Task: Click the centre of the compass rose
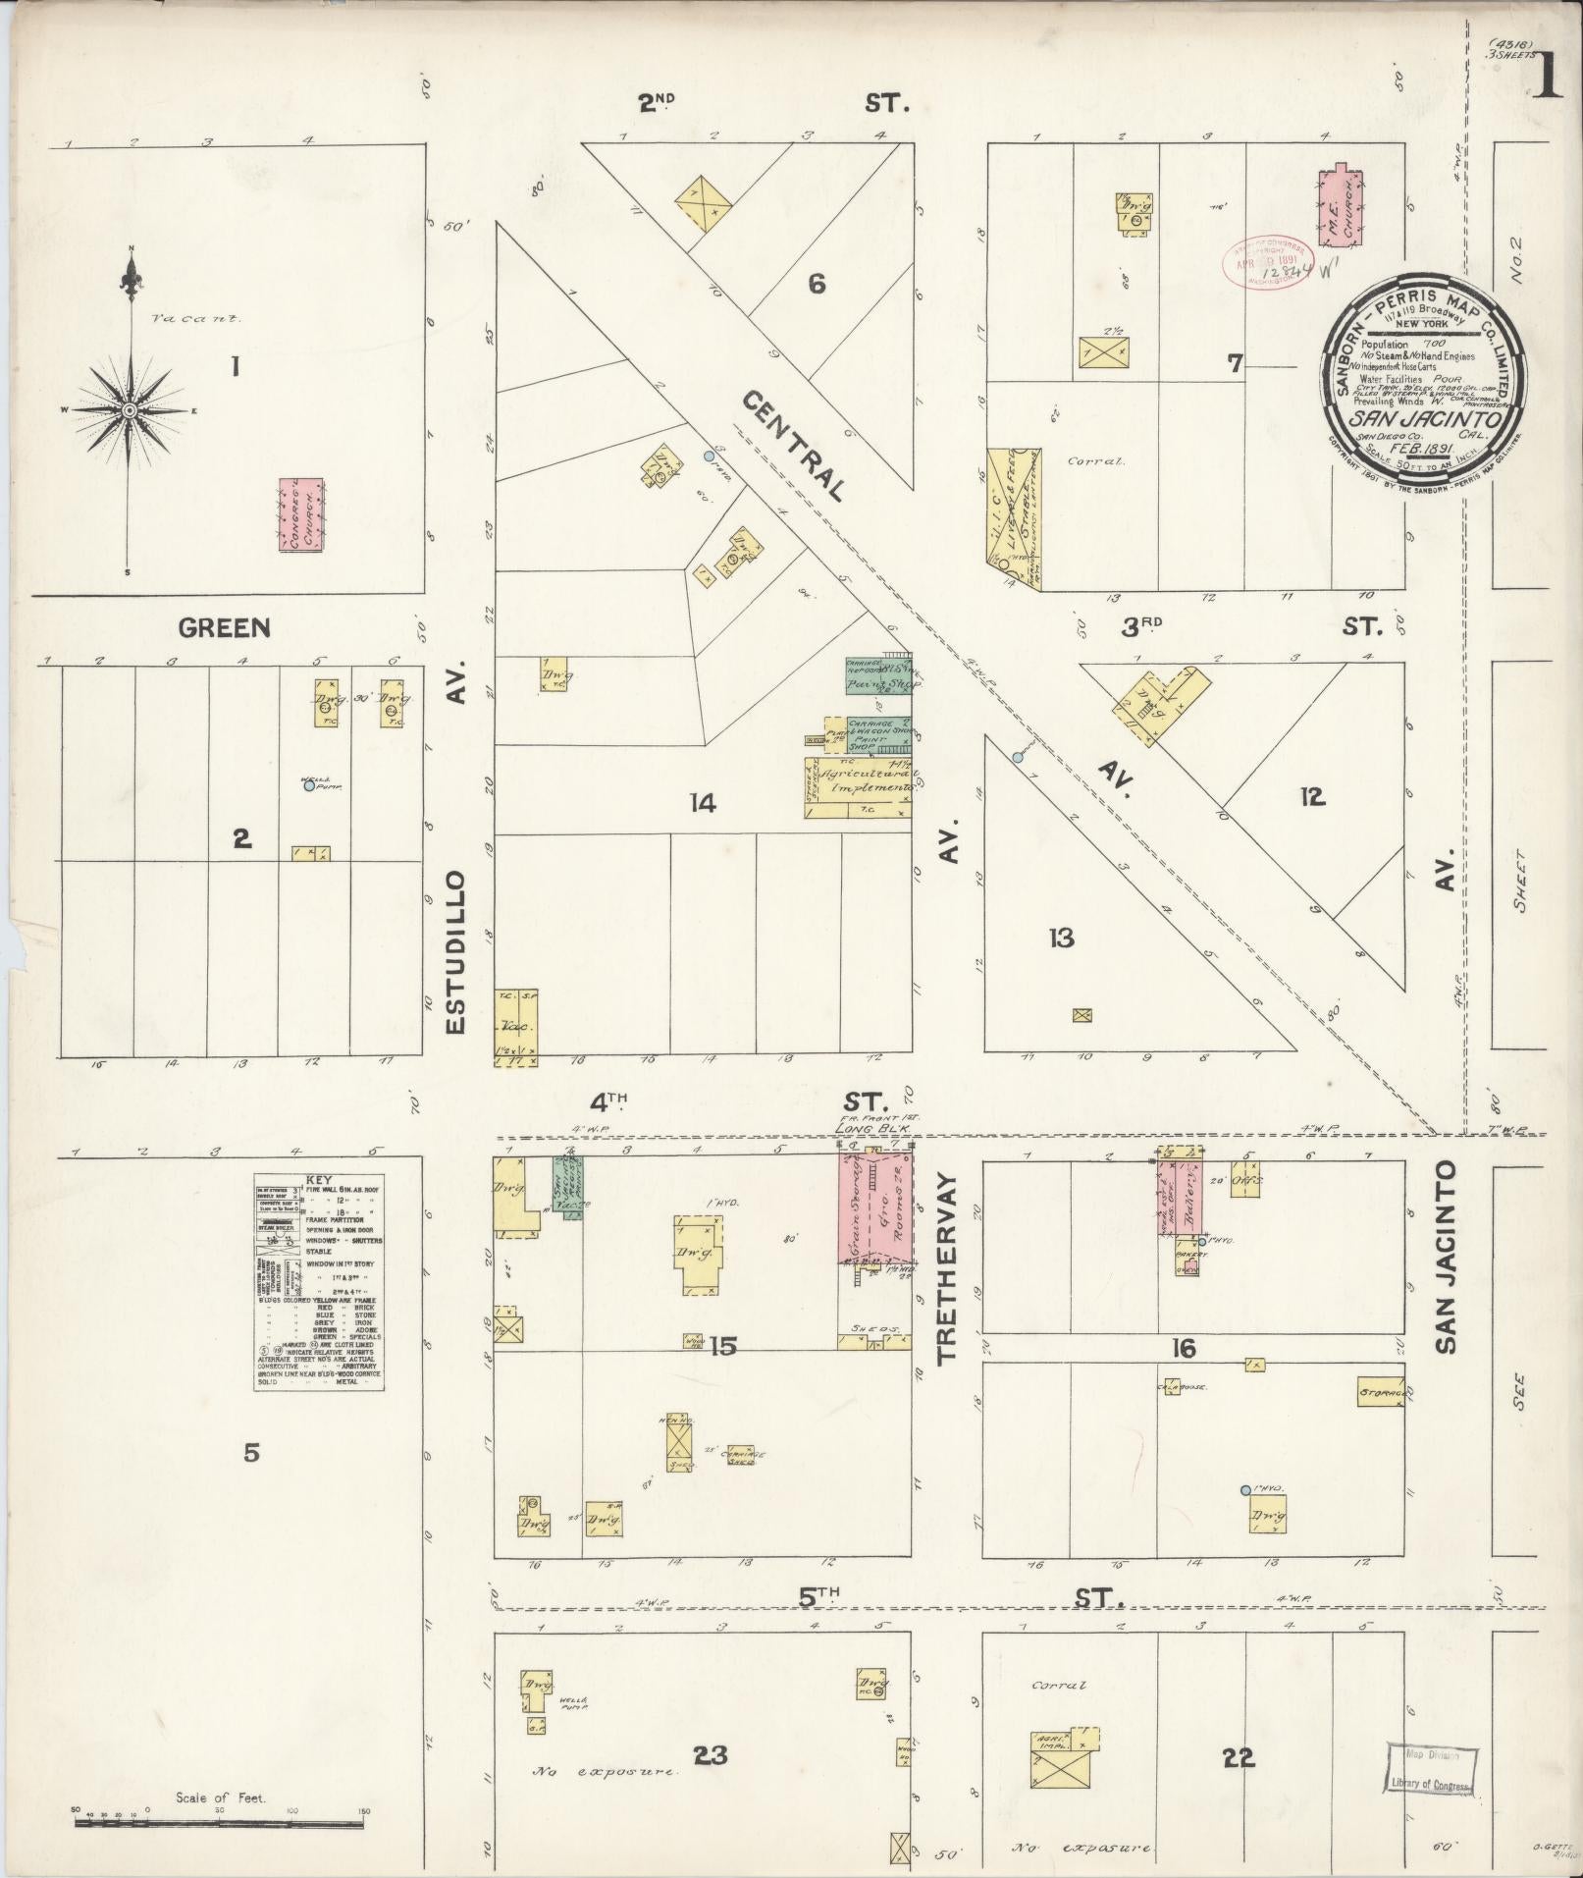pos(130,410)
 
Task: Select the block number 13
pos(1060,939)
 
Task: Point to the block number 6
pos(817,285)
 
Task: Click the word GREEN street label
pos(225,627)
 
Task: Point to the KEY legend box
pos(319,1281)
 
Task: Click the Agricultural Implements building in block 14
pos(859,787)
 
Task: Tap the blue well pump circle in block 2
pos(309,785)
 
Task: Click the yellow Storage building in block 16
pos(1380,1392)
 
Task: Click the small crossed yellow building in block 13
pos(1082,1016)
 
